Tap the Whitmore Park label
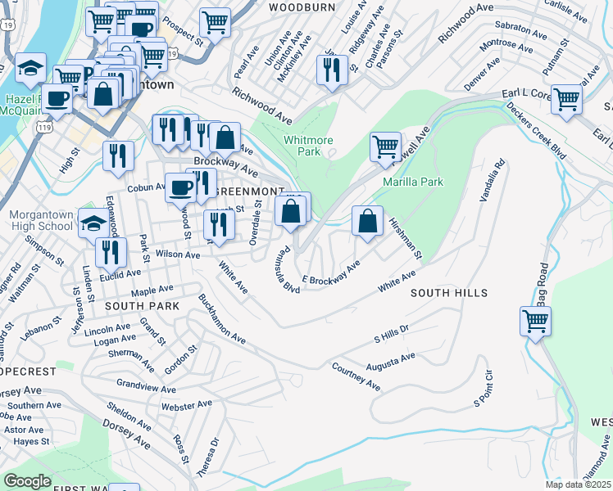coord(308,146)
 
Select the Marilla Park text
coord(412,182)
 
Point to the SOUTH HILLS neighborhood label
coord(449,293)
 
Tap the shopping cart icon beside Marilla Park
coord(385,148)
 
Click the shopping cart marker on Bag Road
coord(535,322)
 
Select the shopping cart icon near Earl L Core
coord(566,100)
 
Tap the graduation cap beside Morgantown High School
coord(94,223)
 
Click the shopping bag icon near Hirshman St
coord(367,221)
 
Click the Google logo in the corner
coord(28,481)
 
